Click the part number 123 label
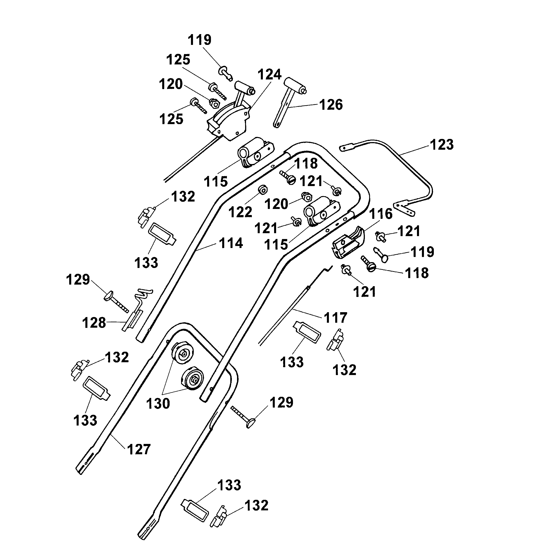click(x=442, y=145)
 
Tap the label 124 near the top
click(x=269, y=75)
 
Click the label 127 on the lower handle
click(x=139, y=449)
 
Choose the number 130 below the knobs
click(x=158, y=404)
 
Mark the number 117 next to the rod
click(x=335, y=318)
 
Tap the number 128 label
click(x=94, y=323)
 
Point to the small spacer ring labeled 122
click(x=263, y=189)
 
